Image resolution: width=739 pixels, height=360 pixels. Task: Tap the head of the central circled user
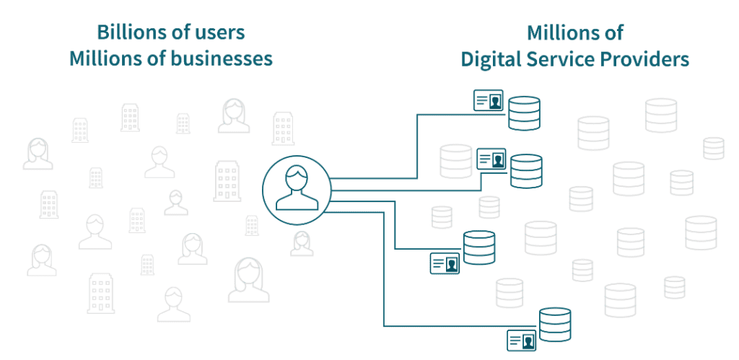coord(296,177)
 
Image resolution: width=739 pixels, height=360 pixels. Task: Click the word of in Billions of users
coord(180,32)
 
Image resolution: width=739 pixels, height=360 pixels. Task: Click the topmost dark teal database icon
coord(524,114)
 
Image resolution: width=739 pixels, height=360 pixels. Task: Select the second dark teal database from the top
coord(526,171)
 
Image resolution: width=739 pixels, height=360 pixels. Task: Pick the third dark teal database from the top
coord(479,247)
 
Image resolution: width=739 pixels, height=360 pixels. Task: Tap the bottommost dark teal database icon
coord(555,324)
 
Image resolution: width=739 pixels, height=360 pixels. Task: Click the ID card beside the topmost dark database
coord(488,100)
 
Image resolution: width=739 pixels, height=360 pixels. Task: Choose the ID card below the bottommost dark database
coord(521,340)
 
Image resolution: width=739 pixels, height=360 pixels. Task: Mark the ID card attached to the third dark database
coord(445,263)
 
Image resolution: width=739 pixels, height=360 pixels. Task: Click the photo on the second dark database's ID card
coord(499,159)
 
